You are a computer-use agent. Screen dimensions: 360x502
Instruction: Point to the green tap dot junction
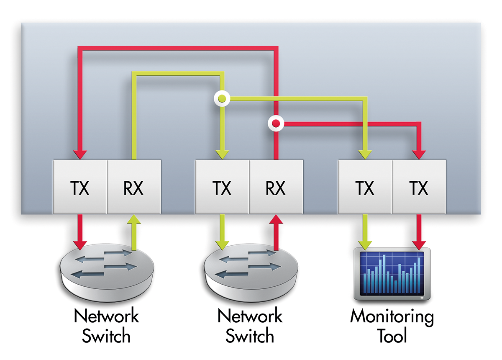coord(222,99)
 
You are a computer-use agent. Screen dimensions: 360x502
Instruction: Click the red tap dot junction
coord(276,123)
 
